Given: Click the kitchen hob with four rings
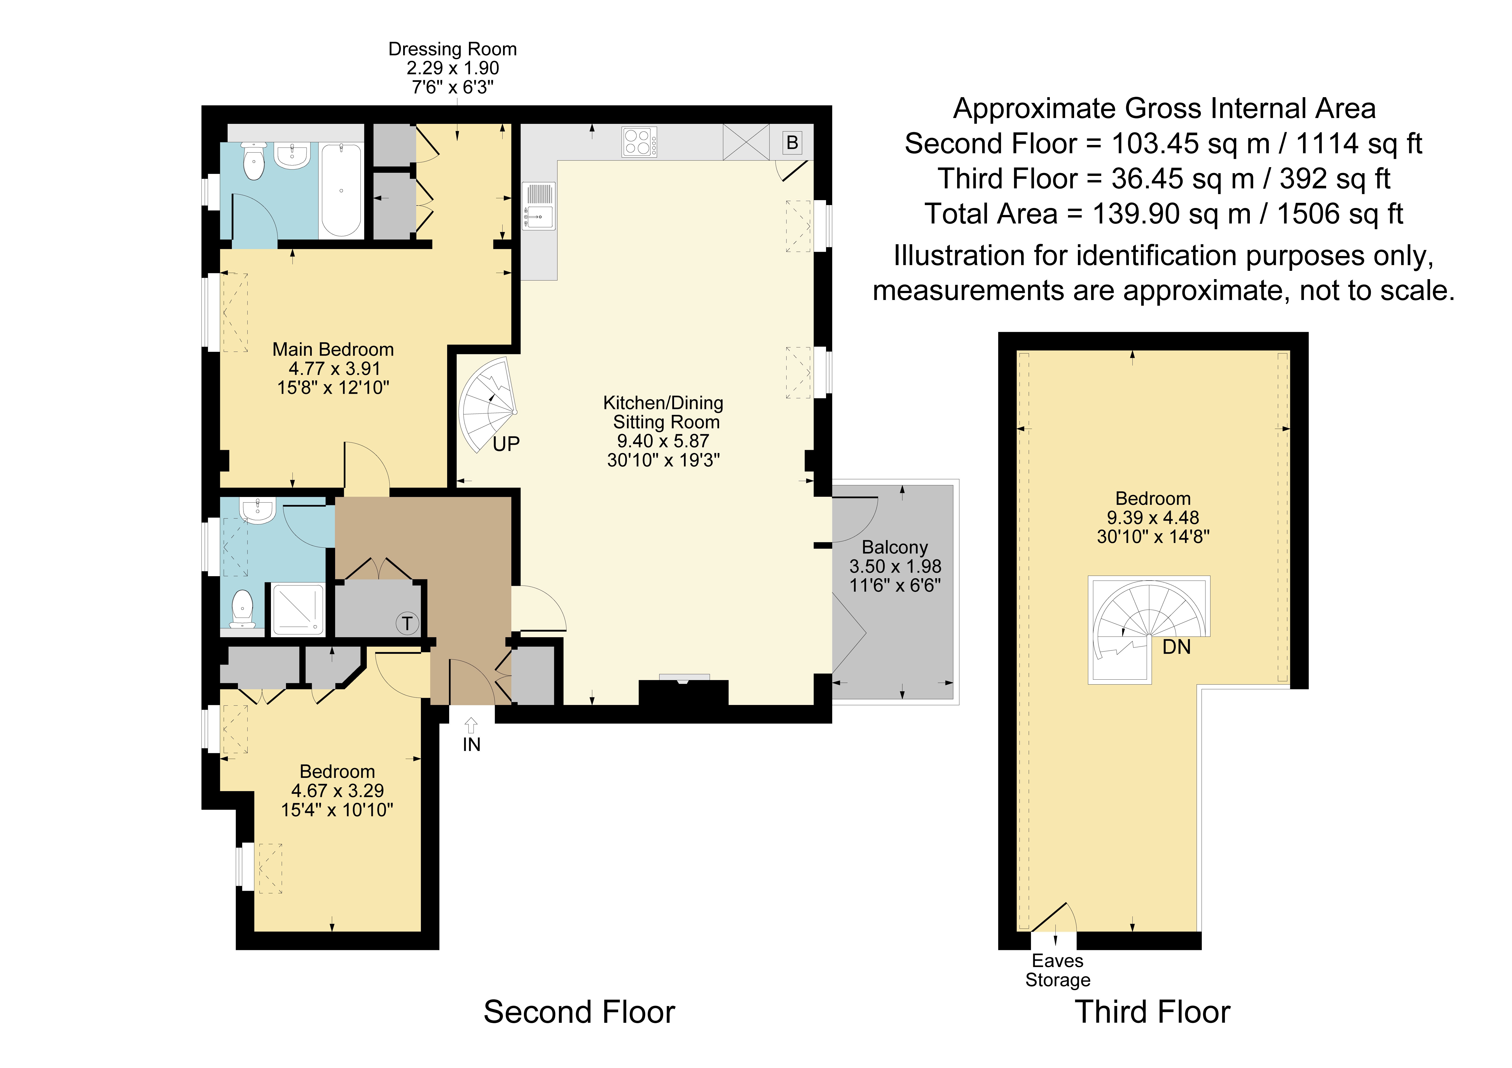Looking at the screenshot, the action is point(639,142).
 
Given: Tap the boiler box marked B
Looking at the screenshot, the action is point(792,142).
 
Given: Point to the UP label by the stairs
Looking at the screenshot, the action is point(506,444).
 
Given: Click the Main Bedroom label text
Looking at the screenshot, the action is point(333,350).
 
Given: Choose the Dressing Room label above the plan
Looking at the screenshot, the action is point(453,49).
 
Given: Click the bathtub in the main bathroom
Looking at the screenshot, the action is point(341,190).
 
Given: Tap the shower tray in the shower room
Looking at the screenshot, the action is point(298,610).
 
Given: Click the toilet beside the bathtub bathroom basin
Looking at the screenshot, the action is point(254,161).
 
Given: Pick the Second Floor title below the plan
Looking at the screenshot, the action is point(580,1012).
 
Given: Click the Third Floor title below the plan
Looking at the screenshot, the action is point(1152,1012).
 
